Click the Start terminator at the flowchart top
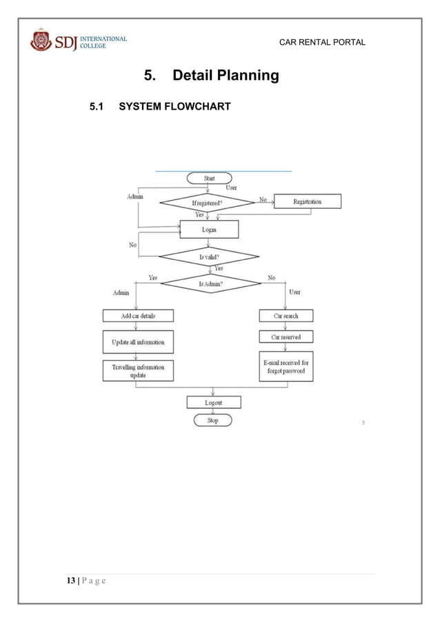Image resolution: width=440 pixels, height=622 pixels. click(209, 178)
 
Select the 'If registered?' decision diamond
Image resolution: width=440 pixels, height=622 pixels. click(208, 203)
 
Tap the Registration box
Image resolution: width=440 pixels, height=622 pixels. click(307, 201)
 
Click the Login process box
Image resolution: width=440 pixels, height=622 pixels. click(209, 229)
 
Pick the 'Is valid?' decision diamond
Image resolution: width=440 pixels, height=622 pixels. click(208, 257)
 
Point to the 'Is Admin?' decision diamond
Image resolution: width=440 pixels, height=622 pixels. click(210, 283)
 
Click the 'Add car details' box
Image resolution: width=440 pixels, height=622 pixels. click(138, 315)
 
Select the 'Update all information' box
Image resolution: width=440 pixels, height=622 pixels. click(138, 341)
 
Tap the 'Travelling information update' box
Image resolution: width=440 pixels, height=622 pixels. click(138, 371)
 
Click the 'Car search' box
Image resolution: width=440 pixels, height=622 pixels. click(286, 315)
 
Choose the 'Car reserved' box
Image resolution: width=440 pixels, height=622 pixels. click(286, 337)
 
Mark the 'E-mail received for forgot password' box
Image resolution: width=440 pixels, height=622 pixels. click(286, 367)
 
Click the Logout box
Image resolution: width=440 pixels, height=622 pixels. click(214, 401)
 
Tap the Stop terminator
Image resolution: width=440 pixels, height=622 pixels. click(212, 420)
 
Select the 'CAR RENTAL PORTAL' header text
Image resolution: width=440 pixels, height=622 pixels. click(322, 43)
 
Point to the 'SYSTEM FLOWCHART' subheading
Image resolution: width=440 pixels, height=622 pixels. click(174, 107)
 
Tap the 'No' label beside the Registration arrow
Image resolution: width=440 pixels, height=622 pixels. click(263, 199)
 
